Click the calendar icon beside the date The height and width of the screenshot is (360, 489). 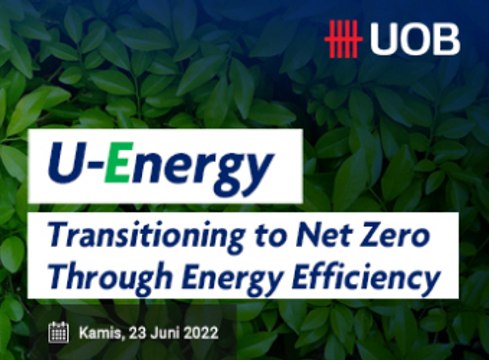(59, 331)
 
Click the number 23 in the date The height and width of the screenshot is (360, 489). (134, 331)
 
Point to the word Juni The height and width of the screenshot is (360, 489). (164, 331)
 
